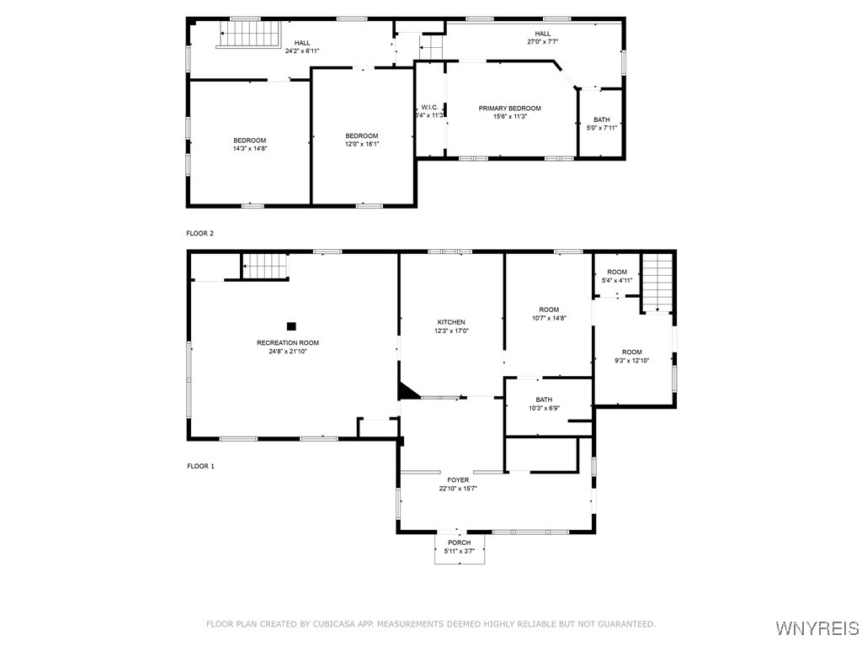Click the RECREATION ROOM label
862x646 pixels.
pos(288,342)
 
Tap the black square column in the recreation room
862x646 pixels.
pos(291,326)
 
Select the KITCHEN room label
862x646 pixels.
pos(451,322)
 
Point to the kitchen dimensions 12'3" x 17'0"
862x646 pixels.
pos(451,331)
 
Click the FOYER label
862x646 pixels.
pos(458,479)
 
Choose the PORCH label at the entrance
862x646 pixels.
pos(460,543)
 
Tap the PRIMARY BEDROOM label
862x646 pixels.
pos(509,108)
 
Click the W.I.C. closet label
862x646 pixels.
pos(428,107)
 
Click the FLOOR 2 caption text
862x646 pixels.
pos(200,233)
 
